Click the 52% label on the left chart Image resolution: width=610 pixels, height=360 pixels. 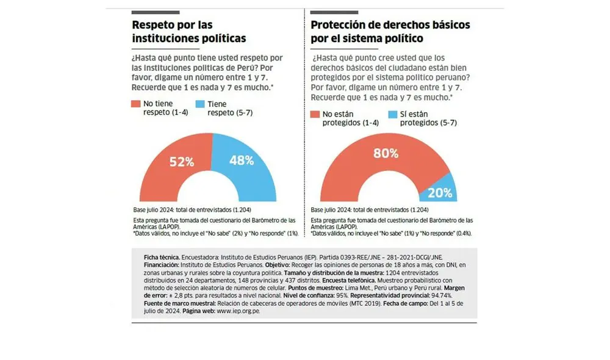tap(181, 162)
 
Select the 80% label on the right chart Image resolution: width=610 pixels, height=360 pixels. tap(386, 153)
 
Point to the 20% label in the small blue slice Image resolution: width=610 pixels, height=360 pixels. tap(440, 193)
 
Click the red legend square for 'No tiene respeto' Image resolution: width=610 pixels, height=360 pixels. tap(136, 104)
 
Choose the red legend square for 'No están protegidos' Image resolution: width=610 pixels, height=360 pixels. tap(315, 114)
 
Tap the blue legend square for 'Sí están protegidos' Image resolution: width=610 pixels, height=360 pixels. tap(392, 114)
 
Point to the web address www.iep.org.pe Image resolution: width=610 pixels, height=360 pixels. tap(238, 311)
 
